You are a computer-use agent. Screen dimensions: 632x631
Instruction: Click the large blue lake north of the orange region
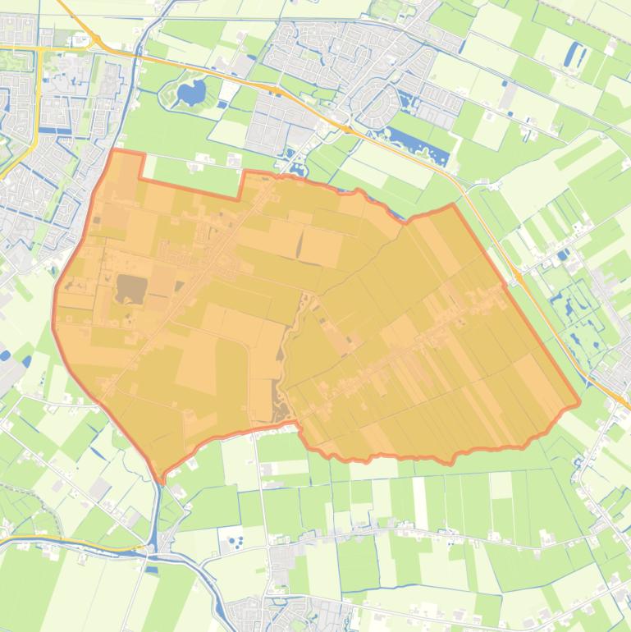click(x=192, y=94)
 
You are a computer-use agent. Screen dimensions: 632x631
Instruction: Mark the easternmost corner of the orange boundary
click(x=579, y=403)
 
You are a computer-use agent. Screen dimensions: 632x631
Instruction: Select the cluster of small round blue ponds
click(x=236, y=543)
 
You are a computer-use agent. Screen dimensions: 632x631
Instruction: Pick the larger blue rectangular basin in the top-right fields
click(x=572, y=55)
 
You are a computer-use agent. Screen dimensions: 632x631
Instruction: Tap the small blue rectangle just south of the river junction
click(x=152, y=569)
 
